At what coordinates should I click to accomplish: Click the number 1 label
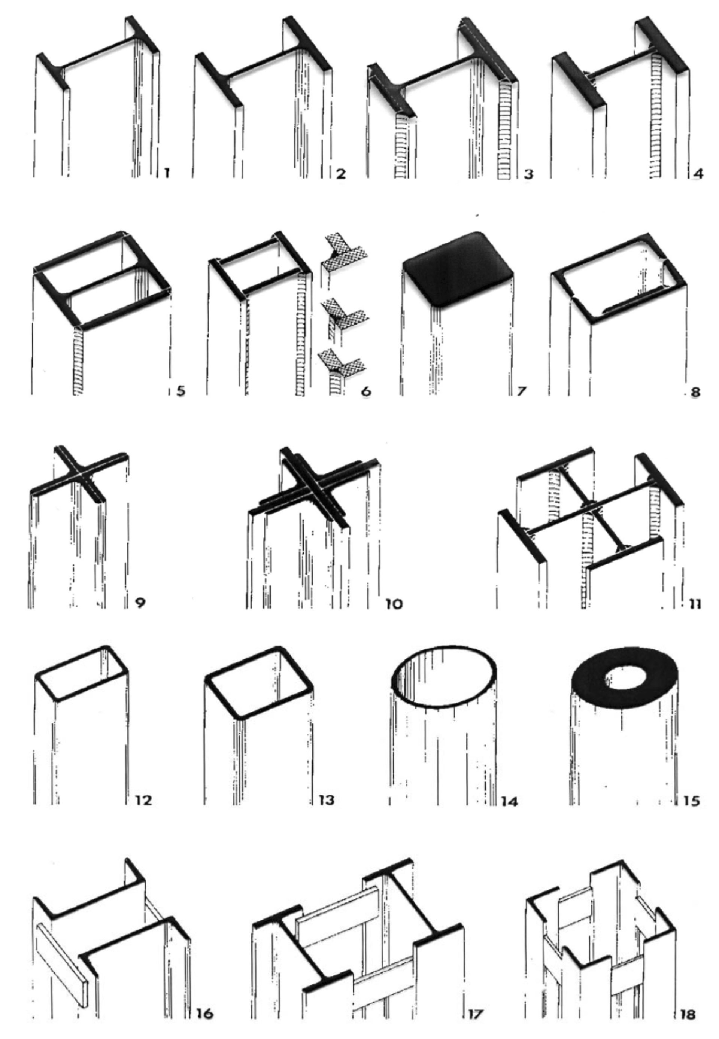pos(166,173)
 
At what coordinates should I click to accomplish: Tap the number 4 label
pos(698,173)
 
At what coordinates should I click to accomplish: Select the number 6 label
pos(366,391)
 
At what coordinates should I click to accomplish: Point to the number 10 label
pos(393,603)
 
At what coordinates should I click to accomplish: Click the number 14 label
pos(509,802)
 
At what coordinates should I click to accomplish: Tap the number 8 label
pos(695,391)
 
